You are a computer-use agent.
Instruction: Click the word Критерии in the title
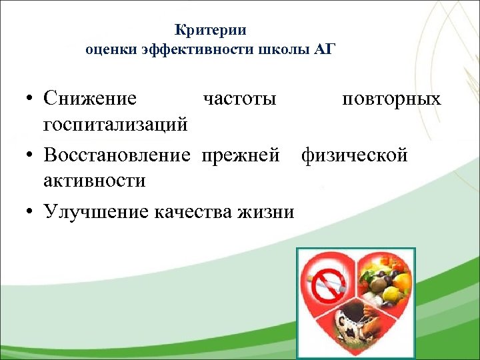tap(211, 30)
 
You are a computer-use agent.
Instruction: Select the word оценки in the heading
tap(106, 50)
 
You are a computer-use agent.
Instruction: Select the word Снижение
tap(90, 99)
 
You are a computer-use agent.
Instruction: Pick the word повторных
tap(391, 99)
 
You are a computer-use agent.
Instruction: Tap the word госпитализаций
tap(115, 124)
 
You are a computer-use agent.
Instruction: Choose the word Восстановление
tap(117, 155)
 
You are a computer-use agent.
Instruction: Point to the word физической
tap(354, 155)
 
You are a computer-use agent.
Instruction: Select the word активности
tap(95, 180)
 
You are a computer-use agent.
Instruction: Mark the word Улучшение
tap(96, 211)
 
